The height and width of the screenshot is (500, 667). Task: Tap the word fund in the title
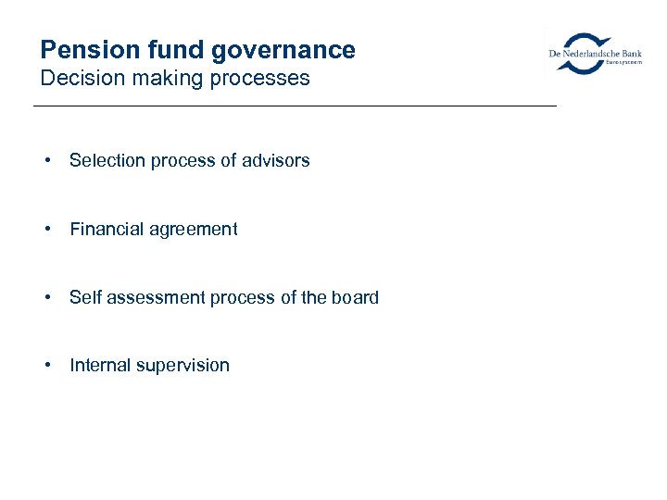tap(175, 50)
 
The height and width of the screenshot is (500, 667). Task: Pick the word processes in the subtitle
tap(260, 80)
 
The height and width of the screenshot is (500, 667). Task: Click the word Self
tap(84, 298)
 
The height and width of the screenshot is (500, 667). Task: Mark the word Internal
tap(100, 366)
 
